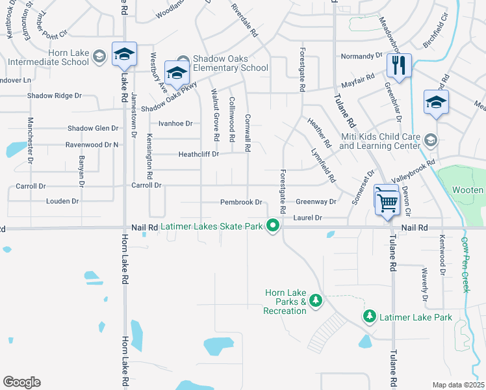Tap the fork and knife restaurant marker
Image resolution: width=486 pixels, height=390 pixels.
399,65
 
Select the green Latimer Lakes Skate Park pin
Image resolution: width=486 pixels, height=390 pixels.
274,226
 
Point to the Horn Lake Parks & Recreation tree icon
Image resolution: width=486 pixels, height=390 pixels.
316,300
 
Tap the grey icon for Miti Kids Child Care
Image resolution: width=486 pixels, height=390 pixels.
430,140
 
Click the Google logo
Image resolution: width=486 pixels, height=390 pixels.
21,382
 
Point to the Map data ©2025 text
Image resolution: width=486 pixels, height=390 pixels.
458,385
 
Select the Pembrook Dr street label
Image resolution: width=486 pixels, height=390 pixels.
240,202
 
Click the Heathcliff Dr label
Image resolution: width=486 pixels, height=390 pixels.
199,154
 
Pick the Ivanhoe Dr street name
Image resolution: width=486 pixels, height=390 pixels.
175,123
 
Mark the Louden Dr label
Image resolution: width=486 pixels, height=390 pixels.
62,201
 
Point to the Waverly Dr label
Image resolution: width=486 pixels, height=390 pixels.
425,283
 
